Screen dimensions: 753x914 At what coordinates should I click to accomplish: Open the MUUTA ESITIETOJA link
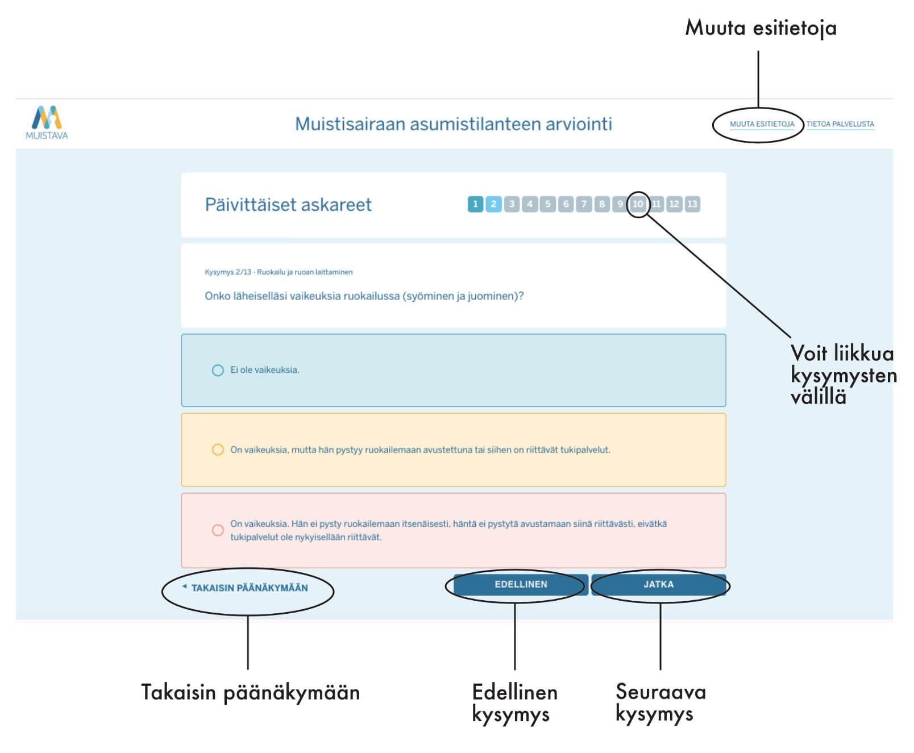[x=762, y=124]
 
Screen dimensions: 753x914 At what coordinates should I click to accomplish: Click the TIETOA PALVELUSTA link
[x=840, y=124]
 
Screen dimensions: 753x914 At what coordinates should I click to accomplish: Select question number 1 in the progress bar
[x=475, y=204]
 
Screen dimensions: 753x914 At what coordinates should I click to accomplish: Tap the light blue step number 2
[x=493, y=204]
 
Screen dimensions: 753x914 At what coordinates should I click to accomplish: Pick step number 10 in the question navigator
[x=638, y=204]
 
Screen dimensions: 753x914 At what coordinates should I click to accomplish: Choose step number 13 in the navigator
[x=692, y=204]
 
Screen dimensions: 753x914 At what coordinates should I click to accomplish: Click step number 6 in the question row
[x=566, y=204]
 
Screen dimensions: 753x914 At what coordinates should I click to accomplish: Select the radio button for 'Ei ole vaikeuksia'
[x=218, y=371]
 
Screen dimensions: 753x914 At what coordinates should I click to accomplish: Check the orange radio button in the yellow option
[x=218, y=450]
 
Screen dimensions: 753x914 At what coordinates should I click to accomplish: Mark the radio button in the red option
[x=218, y=530]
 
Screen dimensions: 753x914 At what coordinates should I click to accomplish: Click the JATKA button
[x=658, y=584]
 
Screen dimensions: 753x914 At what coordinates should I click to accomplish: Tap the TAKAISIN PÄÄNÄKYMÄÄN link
[x=249, y=588]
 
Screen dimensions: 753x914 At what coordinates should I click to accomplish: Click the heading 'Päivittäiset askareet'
[x=288, y=205]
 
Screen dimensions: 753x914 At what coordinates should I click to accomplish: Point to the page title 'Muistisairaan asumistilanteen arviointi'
[x=453, y=124]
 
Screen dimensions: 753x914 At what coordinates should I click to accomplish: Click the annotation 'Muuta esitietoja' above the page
[x=761, y=27]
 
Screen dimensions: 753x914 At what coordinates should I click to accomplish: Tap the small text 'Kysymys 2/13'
[x=228, y=272]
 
